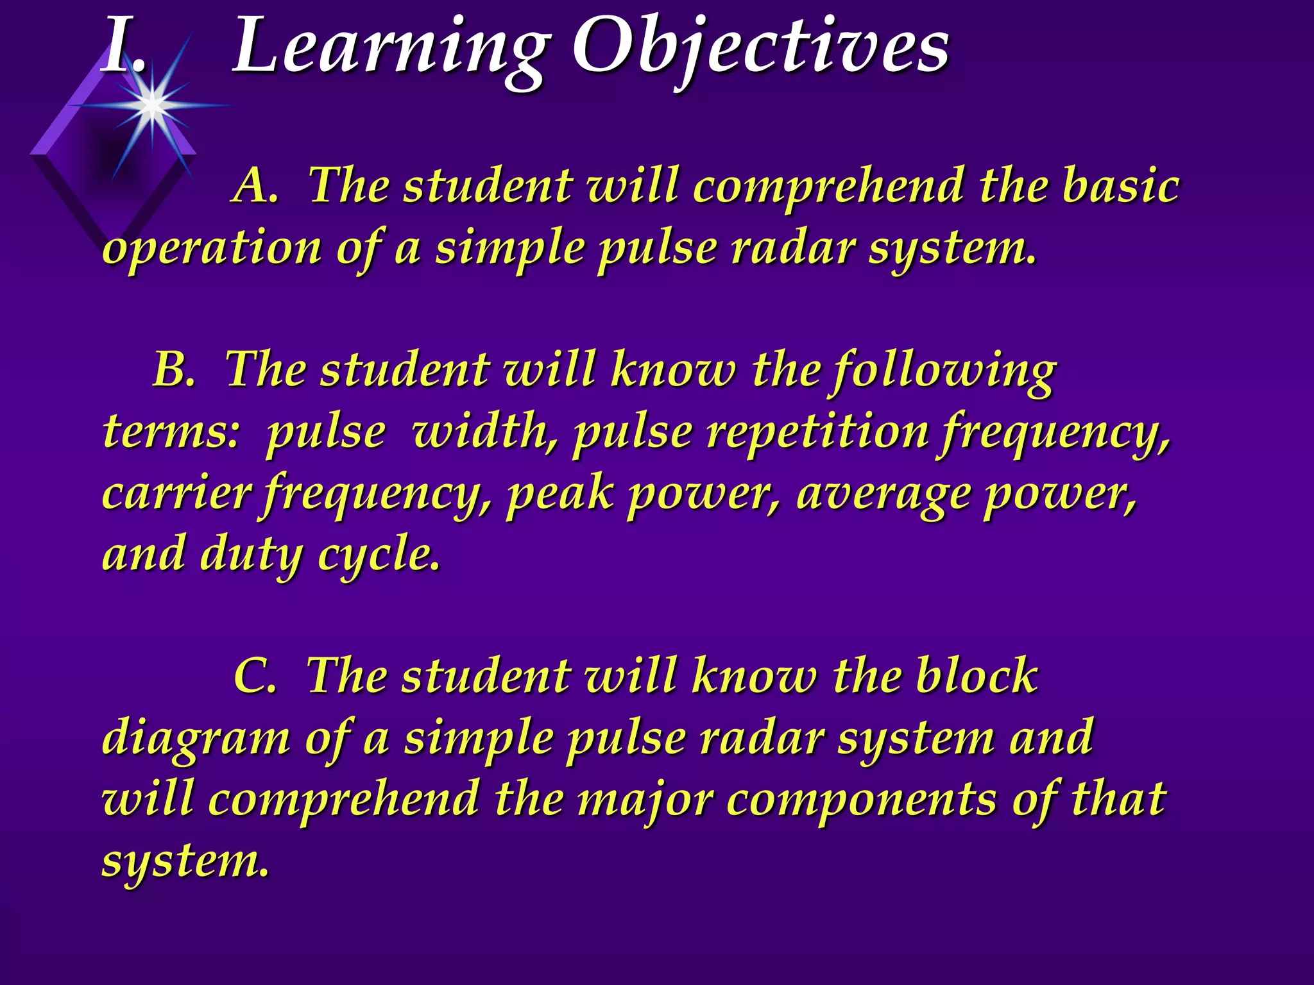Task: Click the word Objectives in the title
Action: click(x=760, y=48)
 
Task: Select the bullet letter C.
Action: click(x=255, y=676)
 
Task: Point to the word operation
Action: click(x=212, y=249)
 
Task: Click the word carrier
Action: click(x=176, y=494)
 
